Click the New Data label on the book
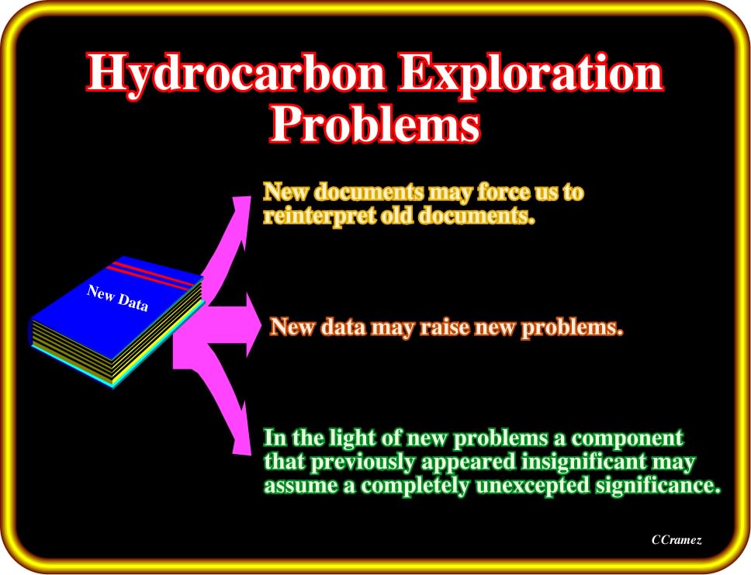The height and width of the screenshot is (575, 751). coord(117,298)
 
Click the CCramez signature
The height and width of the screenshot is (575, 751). coord(677,540)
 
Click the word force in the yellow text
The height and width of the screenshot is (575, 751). coord(503,192)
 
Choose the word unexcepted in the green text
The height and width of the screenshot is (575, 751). coord(532,486)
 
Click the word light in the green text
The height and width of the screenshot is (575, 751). coord(351,438)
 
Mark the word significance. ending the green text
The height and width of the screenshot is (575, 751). coord(658,486)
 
